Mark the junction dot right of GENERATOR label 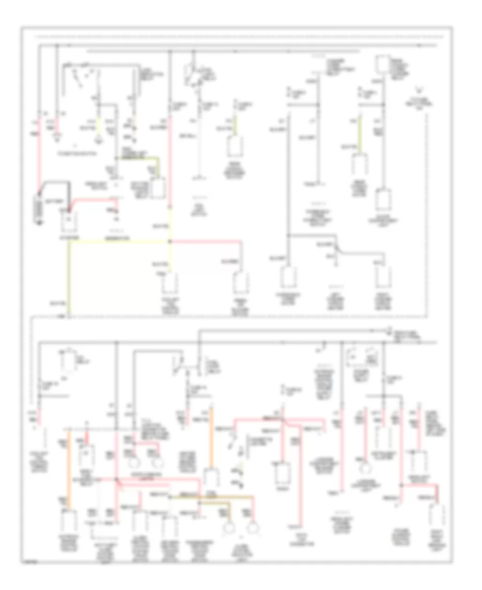pyautogui.click(x=171, y=241)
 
